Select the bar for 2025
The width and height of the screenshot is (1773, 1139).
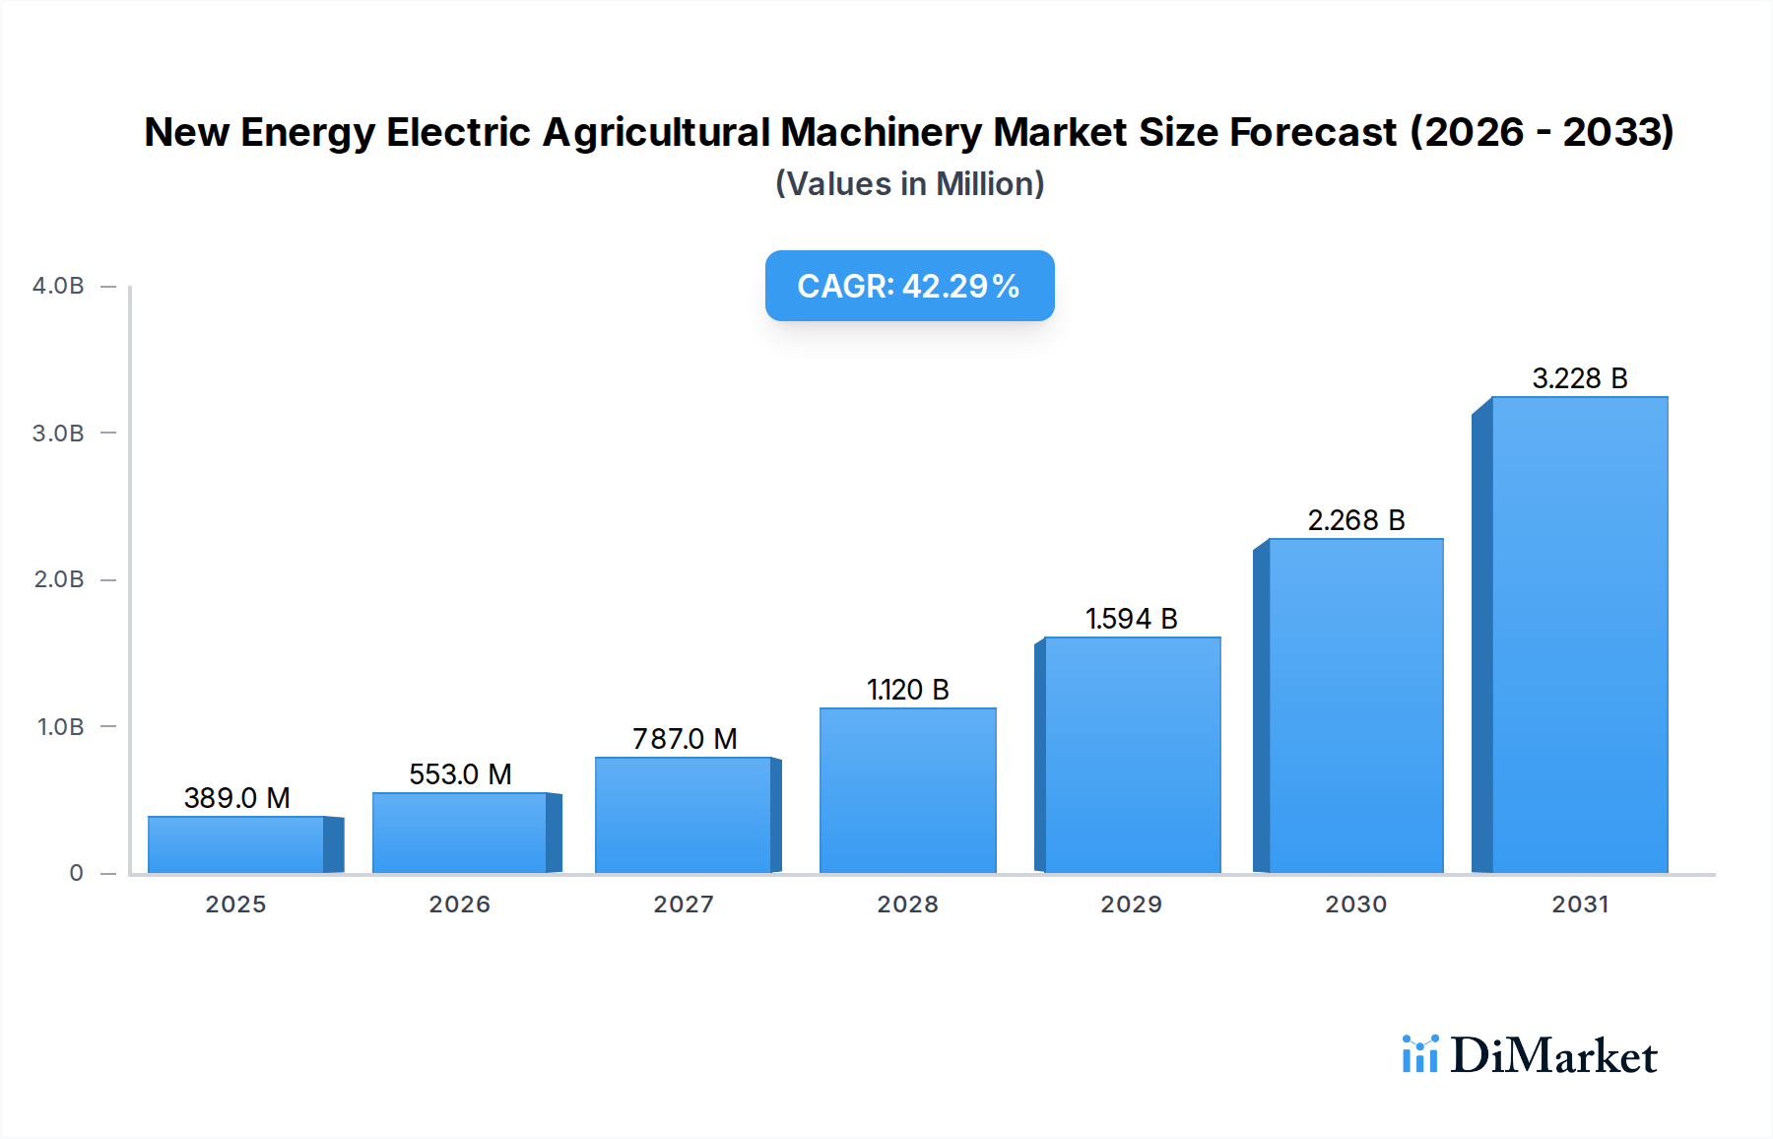click(236, 844)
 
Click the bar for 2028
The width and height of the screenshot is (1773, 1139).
click(907, 790)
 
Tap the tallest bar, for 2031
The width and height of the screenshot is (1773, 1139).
click(1579, 636)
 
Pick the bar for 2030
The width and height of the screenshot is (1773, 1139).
click(1355, 705)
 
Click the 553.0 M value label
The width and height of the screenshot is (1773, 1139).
click(460, 774)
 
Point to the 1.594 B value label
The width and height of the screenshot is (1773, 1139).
click(1131, 619)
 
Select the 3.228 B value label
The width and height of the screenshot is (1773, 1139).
click(1579, 378)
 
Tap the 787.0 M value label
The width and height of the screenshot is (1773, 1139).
click(685, 739)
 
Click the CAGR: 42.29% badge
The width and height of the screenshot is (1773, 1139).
click(909, 286)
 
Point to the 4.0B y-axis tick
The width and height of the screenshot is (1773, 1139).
click(58, 286)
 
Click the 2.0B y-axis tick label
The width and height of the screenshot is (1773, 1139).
click(59, 579)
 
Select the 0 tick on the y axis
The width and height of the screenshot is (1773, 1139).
click(76, 873)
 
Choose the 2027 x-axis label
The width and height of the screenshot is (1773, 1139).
click(684, 904)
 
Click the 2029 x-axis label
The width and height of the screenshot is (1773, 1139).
click(1131, 904)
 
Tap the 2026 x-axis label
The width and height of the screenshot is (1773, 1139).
click(459, 904)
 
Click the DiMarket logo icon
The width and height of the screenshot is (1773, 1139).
click(1419, 1054)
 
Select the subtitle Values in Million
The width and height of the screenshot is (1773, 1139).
click(909, 184)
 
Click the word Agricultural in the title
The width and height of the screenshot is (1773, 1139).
click(656, 132)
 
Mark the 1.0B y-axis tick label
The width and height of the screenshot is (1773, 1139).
click(60, 727)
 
